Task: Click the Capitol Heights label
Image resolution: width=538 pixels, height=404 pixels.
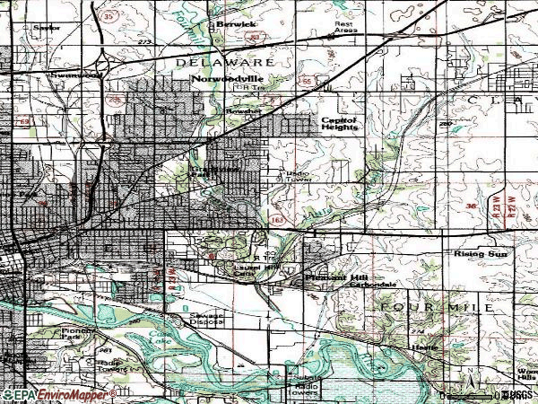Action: tap(340, 123)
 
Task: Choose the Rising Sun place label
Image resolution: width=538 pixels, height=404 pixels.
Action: tap(482, 255)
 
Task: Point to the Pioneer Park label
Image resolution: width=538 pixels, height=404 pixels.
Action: tap(82, 335)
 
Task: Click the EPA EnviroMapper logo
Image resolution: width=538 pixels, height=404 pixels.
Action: tap(58, 395)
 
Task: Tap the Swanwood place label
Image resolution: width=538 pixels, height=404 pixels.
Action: tap(49, 75)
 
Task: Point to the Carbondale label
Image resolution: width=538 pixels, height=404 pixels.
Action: tap(378, 284)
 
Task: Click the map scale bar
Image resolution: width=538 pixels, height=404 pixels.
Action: tap(470, 395)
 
